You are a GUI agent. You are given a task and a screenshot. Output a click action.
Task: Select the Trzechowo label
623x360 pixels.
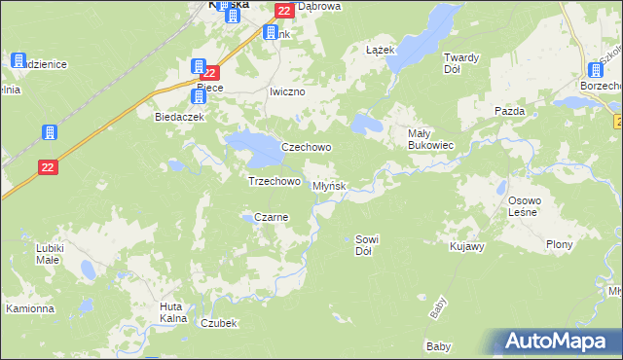click(274, 181)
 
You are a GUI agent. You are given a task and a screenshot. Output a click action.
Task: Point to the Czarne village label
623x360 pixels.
click(272, 218)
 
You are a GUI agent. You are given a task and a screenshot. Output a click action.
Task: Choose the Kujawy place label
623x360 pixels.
click(467, 247)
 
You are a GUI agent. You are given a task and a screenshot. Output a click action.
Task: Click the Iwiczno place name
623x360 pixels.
click(287, 91)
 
